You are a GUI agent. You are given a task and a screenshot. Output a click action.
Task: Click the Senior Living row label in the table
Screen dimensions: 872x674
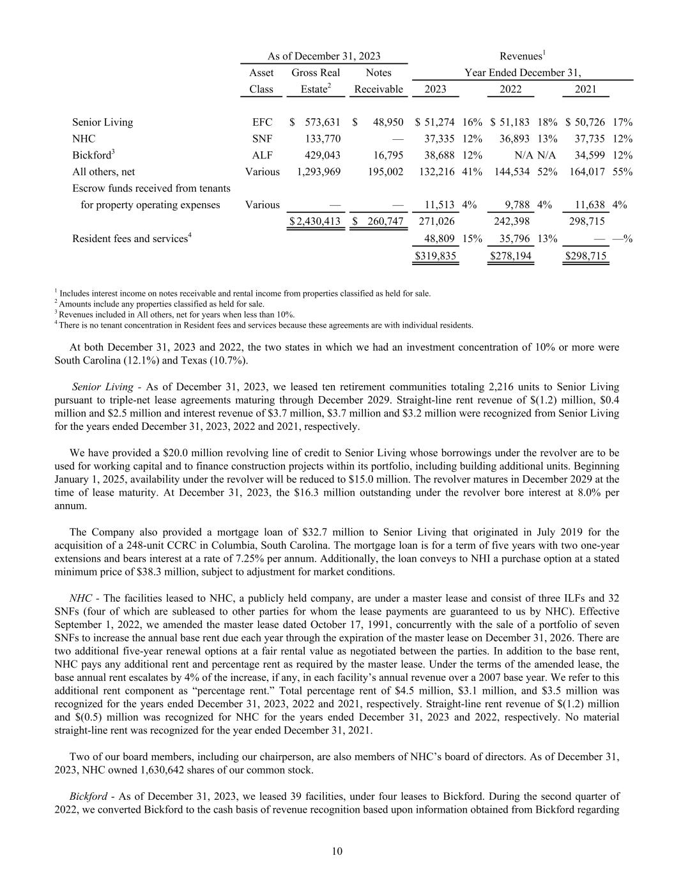[x=102, y=122]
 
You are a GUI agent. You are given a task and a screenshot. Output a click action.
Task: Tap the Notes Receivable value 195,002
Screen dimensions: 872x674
[x=383, y=171]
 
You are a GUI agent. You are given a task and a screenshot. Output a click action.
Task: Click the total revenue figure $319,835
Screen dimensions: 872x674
[x=436, y=256]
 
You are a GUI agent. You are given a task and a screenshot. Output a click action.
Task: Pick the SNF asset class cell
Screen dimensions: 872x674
[x=261, y=139]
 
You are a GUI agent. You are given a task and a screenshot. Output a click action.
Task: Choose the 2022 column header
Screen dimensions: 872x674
[x=510, y=89]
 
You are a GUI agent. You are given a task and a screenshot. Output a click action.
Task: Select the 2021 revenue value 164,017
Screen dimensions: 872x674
[x=585, y=171]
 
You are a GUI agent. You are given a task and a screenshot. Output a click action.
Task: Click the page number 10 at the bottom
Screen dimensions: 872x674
[x=337, y=852]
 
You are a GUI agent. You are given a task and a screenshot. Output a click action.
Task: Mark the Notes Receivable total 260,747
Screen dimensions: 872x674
[x=383, y=221]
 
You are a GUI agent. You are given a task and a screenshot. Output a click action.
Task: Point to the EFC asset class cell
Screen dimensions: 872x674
[x=261, y=122]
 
